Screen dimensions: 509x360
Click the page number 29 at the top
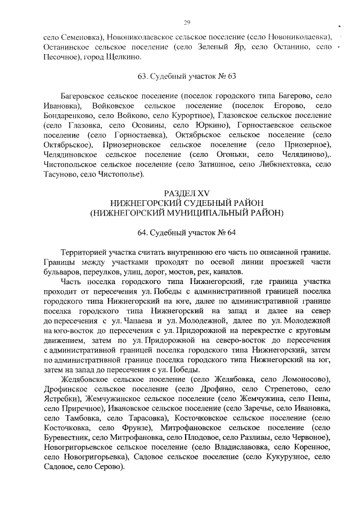pyautogui.click(x=187, y=22)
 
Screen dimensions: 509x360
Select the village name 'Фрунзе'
pyautogui.click(x=134, y=427)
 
